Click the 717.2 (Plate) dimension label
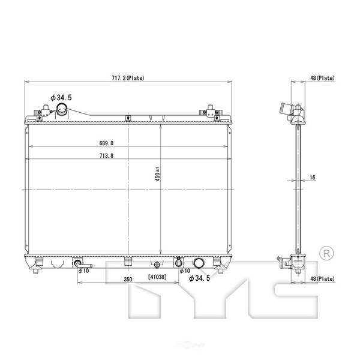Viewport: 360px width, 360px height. click(x=128, y=78)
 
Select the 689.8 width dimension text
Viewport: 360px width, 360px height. click(x=106, y=143)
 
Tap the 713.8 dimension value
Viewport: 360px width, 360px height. click(x=106, y=155)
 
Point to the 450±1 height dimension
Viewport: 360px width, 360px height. click(x=157, y=174)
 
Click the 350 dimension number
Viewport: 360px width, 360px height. click(x=128, y=279)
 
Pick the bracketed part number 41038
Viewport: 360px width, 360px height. click(x=157, y=277)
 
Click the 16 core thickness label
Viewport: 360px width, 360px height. click(x=313, y=177)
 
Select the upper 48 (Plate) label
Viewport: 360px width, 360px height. click(x=322, y=78)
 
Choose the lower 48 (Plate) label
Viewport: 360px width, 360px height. click(x=322, y=279)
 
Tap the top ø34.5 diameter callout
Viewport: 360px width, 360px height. click(x=61, y=98)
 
